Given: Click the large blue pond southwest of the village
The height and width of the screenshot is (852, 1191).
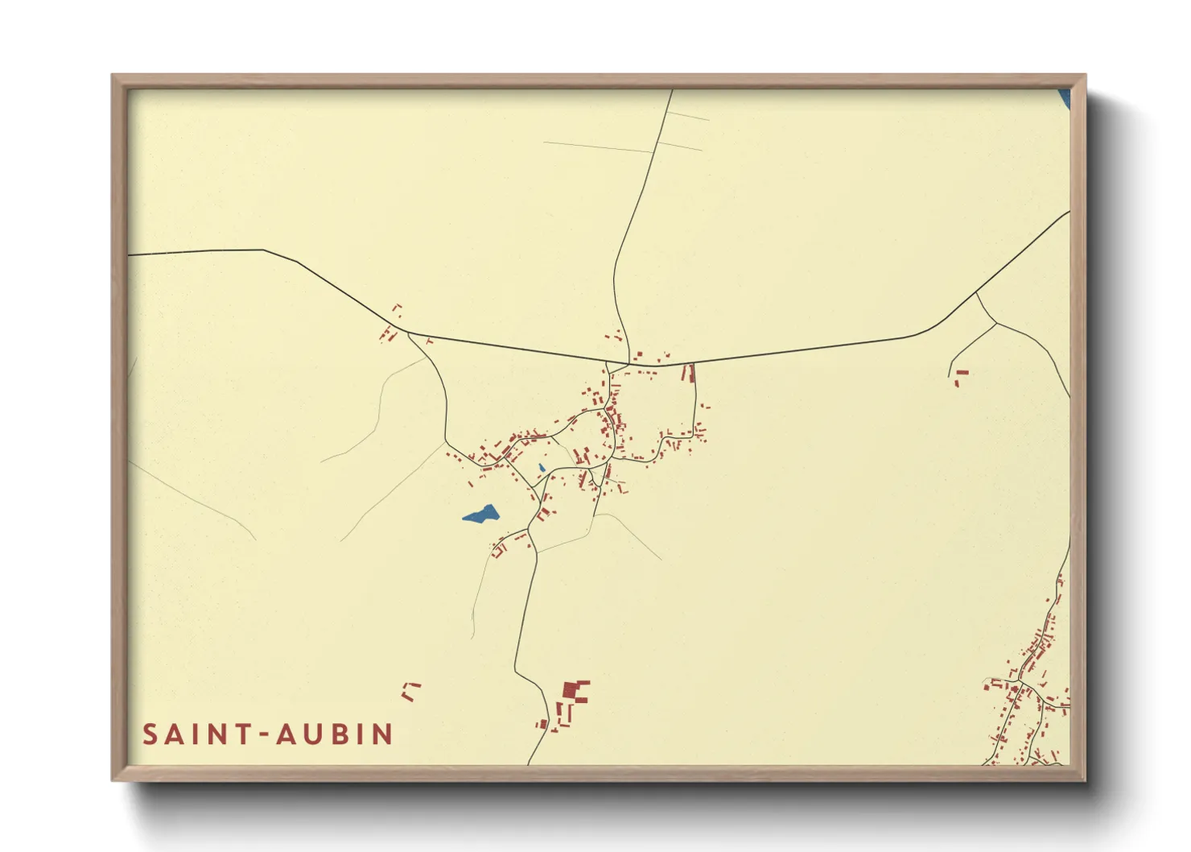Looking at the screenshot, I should click(x=480, y=515).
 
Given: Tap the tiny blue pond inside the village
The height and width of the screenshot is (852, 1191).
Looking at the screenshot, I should click(x=542, y=468).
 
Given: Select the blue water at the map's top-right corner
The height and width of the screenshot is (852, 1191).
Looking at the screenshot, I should click(x=1065, y=98).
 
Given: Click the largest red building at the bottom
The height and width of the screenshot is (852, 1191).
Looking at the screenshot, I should click(x=574, y=691).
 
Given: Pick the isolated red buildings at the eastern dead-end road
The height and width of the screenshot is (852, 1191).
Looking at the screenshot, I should click(x=960, y=376).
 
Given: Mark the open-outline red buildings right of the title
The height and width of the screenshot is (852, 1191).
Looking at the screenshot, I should click(x=410, y=691).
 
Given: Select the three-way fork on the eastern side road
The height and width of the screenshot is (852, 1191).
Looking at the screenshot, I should click(x=996, y=323).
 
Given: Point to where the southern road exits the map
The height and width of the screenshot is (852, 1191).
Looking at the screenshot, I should click(x=529, y=763).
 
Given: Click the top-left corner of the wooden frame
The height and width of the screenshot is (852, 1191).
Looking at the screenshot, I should click(x=113, y=77).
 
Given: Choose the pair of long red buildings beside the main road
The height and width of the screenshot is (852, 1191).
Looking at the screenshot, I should click(x=688, y=373).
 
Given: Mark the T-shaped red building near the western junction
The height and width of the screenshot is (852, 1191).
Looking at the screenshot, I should click(x=428, y=341).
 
